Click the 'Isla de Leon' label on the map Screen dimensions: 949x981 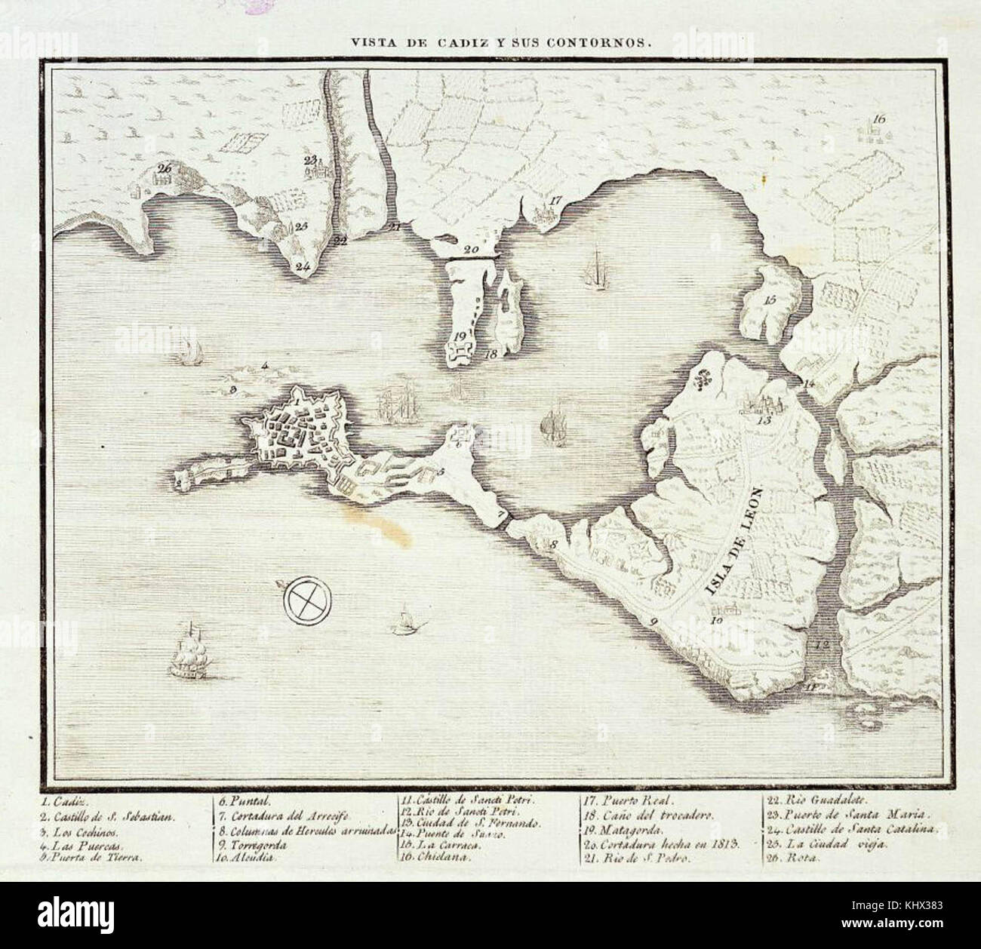735,542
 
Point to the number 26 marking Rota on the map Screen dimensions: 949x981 165,168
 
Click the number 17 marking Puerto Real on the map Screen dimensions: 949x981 555,201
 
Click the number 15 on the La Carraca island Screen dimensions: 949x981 770,299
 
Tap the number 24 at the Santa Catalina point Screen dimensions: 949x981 303,266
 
